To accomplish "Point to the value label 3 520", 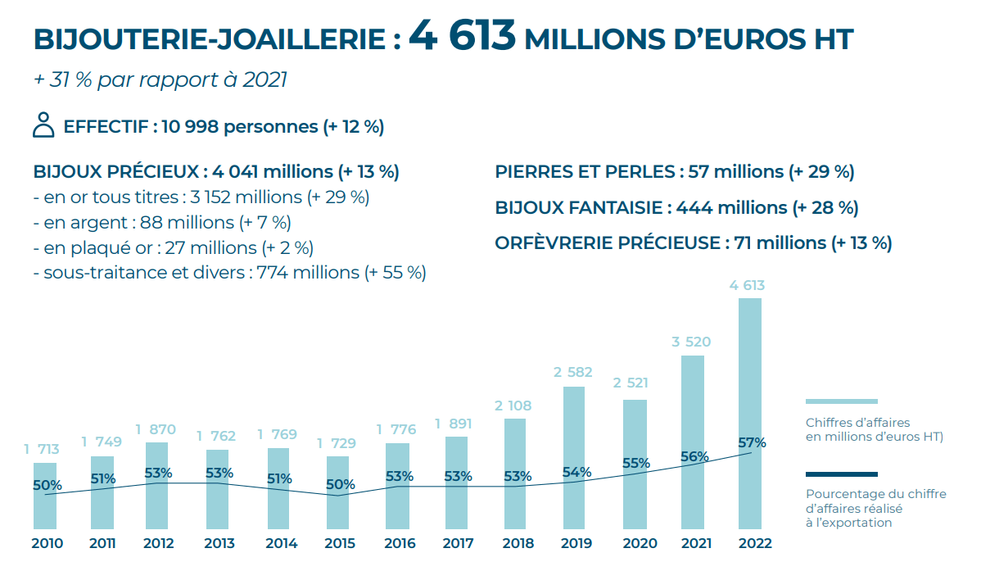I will tap(691, 342).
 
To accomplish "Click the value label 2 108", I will tap(514, 406).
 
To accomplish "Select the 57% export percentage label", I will tap(751, 443).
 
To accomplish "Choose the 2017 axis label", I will tap(458, 543).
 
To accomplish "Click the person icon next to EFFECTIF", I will tap(43, 125).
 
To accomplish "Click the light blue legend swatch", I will tap(841, 401).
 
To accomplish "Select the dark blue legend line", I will tap(841, 474).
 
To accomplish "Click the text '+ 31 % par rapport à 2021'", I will tap(160, 80).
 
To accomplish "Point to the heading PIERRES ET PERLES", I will tap(674, 172).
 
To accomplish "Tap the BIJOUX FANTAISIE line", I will tap(676, 208).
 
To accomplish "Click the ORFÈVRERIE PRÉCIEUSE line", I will tap(693, 243).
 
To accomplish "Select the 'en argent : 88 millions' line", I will tap(162, 222).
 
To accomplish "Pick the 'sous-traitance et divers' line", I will tap(229, 273).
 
